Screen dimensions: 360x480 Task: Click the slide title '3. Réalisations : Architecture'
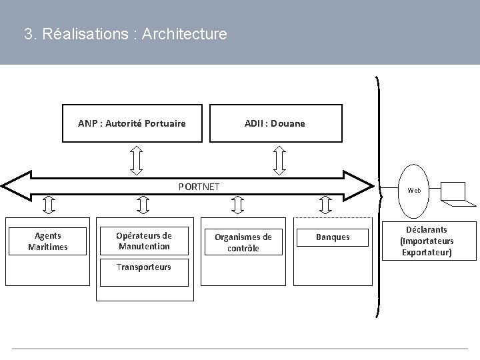[125, 33]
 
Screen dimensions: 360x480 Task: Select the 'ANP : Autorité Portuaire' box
[132, 123]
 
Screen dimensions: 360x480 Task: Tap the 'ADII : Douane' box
[275, 123]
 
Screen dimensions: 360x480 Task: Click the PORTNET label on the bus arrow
[199, 186]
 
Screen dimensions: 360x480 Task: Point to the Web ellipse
[415, 190]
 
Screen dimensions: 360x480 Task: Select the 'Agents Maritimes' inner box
[48, 241]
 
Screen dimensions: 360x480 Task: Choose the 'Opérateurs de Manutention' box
[143, 241]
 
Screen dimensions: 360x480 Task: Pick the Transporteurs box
[143, 267]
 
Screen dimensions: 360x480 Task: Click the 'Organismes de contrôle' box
[243, 242]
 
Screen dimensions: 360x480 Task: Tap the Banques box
[333, 237]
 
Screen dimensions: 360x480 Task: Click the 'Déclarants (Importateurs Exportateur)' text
[427, 241]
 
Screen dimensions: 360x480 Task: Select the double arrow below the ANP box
[136, 159]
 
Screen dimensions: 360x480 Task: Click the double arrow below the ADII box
[280, 159]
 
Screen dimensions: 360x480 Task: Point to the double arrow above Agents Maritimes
[48, 204]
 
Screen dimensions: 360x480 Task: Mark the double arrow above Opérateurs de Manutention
[142, 204]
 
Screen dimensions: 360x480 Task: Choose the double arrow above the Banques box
[325, 204]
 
